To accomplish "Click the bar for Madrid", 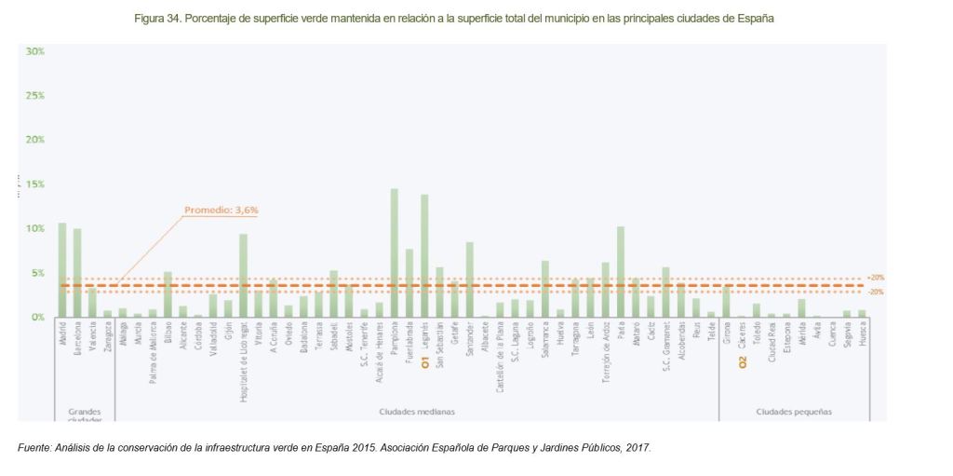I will pos(62,270).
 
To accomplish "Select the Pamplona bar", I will pos(395,252).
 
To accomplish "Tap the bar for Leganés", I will pos(424,255).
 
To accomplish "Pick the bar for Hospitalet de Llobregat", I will pos(243,275).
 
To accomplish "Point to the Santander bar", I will pos(470,279).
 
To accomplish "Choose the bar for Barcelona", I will pos(77,272).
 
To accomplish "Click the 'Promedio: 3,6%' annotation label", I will pos(221,211).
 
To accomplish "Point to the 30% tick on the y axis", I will pos(34,51).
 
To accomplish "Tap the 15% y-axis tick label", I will pos(34,184).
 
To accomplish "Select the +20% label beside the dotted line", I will pos(875,278).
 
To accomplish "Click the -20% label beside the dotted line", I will pos(875,292).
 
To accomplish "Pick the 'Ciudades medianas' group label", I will pos(417,411).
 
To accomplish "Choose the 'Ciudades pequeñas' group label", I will pos(794,411).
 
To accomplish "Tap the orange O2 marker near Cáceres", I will pos(743,361).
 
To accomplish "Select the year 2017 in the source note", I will pos(638,448).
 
